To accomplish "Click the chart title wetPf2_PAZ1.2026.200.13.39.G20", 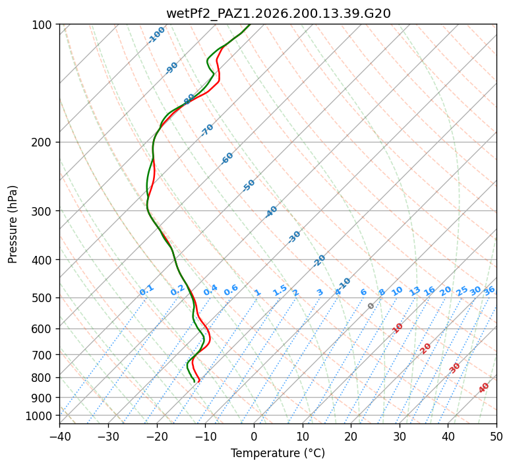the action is coord(278,13).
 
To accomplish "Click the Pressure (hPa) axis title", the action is coord(12,224).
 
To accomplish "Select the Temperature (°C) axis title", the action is coord(278,453).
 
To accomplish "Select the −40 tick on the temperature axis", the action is coord(59,436).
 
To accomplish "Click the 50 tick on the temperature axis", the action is coord(496,436).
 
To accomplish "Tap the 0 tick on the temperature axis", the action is coord(254,436).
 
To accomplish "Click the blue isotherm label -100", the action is coord(156,35).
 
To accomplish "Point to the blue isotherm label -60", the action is coord(227,158).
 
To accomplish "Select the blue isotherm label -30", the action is coord(294,237).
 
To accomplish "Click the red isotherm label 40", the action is coord(483,388).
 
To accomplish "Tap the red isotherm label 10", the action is coord(398,328).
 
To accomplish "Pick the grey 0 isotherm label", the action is coord(371,306).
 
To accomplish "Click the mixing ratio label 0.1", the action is coord(146,290).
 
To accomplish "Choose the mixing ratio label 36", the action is coord(489,291).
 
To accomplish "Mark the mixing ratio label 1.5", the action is coord(280,290).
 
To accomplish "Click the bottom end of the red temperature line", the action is coord(199,381).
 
